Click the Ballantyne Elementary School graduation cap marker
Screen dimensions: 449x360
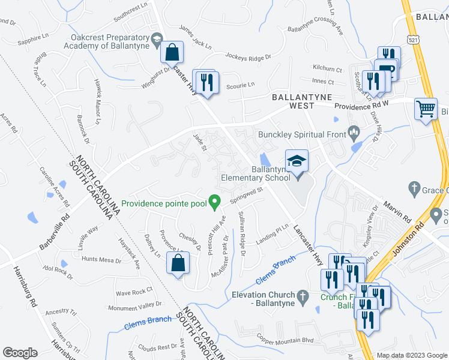click(296, 161)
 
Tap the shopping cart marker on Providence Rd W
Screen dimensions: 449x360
click(426, 110)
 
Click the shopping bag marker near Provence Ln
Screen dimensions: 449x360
click(178, 263)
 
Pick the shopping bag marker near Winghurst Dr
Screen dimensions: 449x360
click(172, 52)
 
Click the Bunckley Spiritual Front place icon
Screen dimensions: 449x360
click(354, 130)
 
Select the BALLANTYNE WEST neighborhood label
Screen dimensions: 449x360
click(293, 101)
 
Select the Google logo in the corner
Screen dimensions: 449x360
click(20, 353)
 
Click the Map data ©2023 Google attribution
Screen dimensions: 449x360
click(411, 355)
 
